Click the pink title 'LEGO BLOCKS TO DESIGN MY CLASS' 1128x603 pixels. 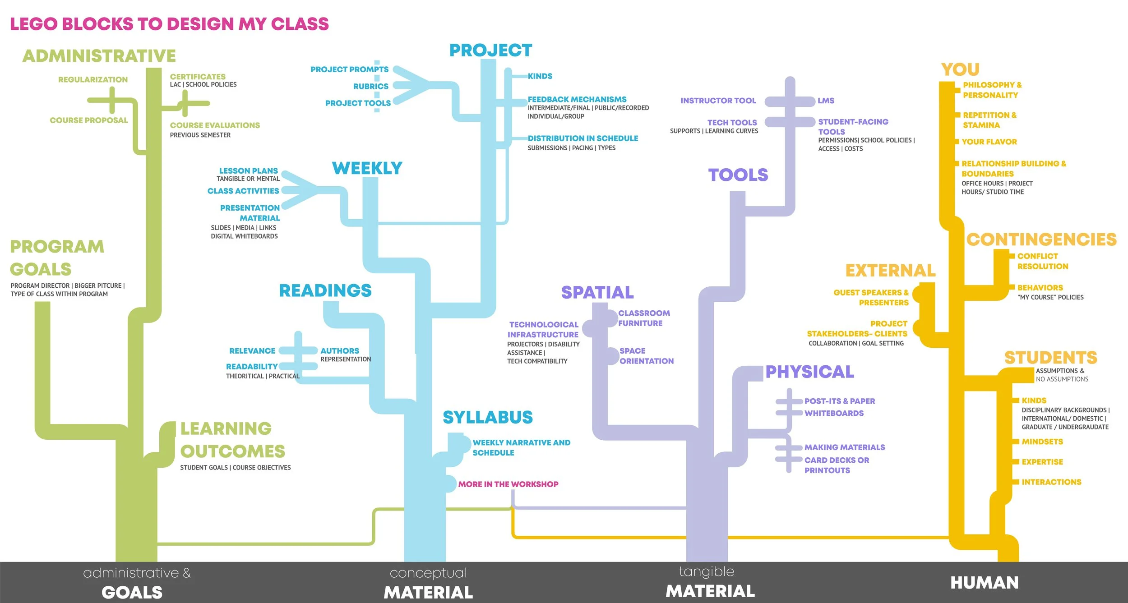(x=169, y=24)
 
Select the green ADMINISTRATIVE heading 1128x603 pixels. (x=99, y=56)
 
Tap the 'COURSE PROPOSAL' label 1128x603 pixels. (x=89, y=120)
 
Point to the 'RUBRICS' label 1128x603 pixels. (x=370, y=86)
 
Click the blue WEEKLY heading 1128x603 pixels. (x=367, y=168)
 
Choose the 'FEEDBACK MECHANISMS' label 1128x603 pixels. (x=577, y=99)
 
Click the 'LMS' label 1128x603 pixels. (x=826, y=101)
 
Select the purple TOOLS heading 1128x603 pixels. (x=738, y=175)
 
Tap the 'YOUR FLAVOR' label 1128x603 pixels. (x=989, y=142)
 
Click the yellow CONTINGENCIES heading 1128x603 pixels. (x=1041, y=239)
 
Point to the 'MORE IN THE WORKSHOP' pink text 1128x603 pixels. (x=508, y=484)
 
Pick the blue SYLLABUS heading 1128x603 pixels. (x=488, y=417)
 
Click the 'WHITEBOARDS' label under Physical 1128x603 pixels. (x=834, y=413)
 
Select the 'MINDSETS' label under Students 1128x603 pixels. (x=1042, y=442)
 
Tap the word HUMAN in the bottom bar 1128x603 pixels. (x=985, y=583)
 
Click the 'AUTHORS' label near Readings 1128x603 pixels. (x=340, y=350)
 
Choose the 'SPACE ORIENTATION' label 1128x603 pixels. (x=646, y=356)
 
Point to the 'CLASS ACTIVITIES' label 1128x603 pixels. (x=243, y=191)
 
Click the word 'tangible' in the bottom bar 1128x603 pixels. (x=706, y=571)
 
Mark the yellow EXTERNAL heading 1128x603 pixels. (x=890, y=271)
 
